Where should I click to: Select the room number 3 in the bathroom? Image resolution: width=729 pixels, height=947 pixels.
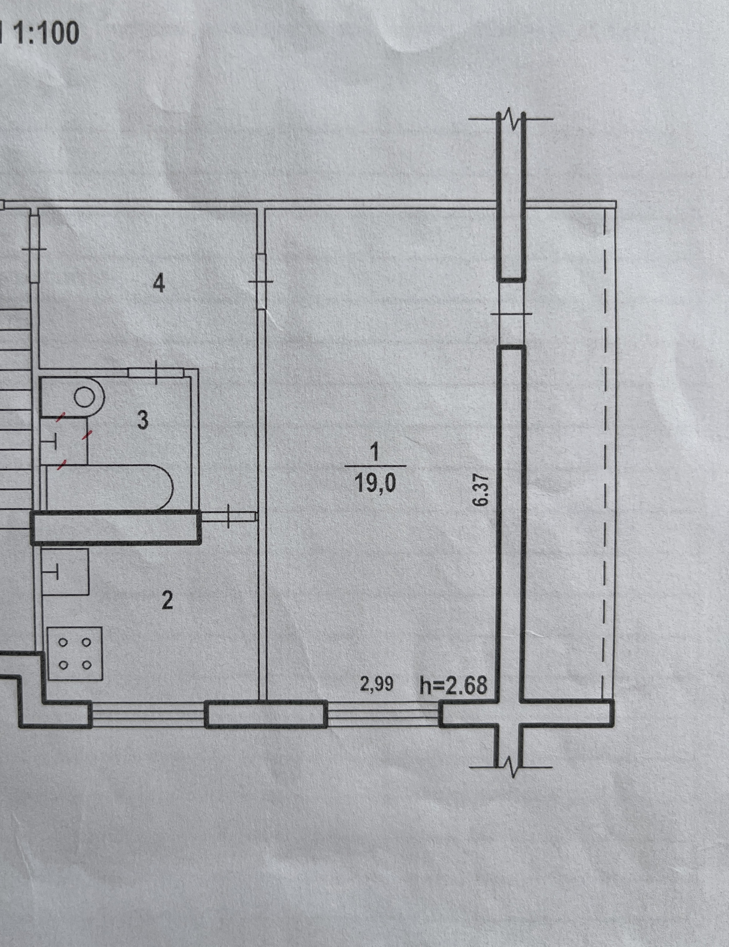pyautogui.click(x=143, y=420)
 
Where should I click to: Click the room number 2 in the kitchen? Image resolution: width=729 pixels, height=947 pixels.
pyautogui.click(x=167, y=601)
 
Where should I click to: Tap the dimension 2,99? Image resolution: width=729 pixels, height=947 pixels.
pyautogui.click(x=377, y=684)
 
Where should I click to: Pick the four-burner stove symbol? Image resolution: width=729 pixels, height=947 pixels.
pyautogui.click(x=75, y=653)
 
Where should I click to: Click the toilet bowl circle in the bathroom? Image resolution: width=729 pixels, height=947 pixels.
pyautogui.click(x=85, y=396)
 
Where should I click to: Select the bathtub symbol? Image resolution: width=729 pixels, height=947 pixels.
pyautogui.click(x=110, y=487)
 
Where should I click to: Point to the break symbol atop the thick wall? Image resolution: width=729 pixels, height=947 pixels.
pyautogui.click(x=511, y=119)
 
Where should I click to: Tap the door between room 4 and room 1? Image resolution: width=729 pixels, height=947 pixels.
pyautogui.click(x=261, y=282)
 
